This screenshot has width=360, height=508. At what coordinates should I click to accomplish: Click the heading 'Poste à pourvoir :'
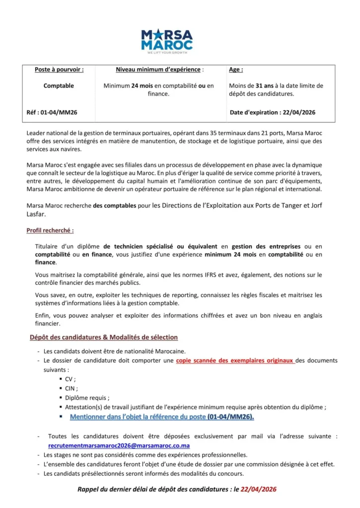point(59,70)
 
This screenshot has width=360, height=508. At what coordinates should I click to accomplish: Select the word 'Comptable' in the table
point(59,86)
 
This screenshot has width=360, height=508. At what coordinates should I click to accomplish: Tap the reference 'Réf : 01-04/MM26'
point(51,113)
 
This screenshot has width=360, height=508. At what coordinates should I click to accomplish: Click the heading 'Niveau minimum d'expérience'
point(159,70)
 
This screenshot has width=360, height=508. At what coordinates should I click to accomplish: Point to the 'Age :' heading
point(236,70)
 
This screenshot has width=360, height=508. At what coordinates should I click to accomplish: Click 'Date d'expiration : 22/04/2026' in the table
point(273,113)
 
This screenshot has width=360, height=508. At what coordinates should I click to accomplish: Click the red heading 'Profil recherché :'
point(50,231)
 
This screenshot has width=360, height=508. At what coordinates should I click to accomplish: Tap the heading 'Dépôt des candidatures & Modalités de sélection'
point(103,337)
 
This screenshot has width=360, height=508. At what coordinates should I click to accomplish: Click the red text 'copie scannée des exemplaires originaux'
point(236,361)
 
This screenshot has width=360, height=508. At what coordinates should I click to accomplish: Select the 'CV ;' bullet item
point(71,379)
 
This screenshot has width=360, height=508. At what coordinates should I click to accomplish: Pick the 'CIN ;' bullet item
point(72,388)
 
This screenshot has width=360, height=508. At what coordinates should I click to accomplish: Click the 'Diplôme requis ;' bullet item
point(87,398)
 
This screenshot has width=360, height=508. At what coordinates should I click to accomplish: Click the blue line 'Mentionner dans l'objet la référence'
point(162,417)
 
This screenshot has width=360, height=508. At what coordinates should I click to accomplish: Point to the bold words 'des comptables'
point(114,205)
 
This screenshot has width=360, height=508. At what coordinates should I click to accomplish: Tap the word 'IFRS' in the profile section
point(198,274)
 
